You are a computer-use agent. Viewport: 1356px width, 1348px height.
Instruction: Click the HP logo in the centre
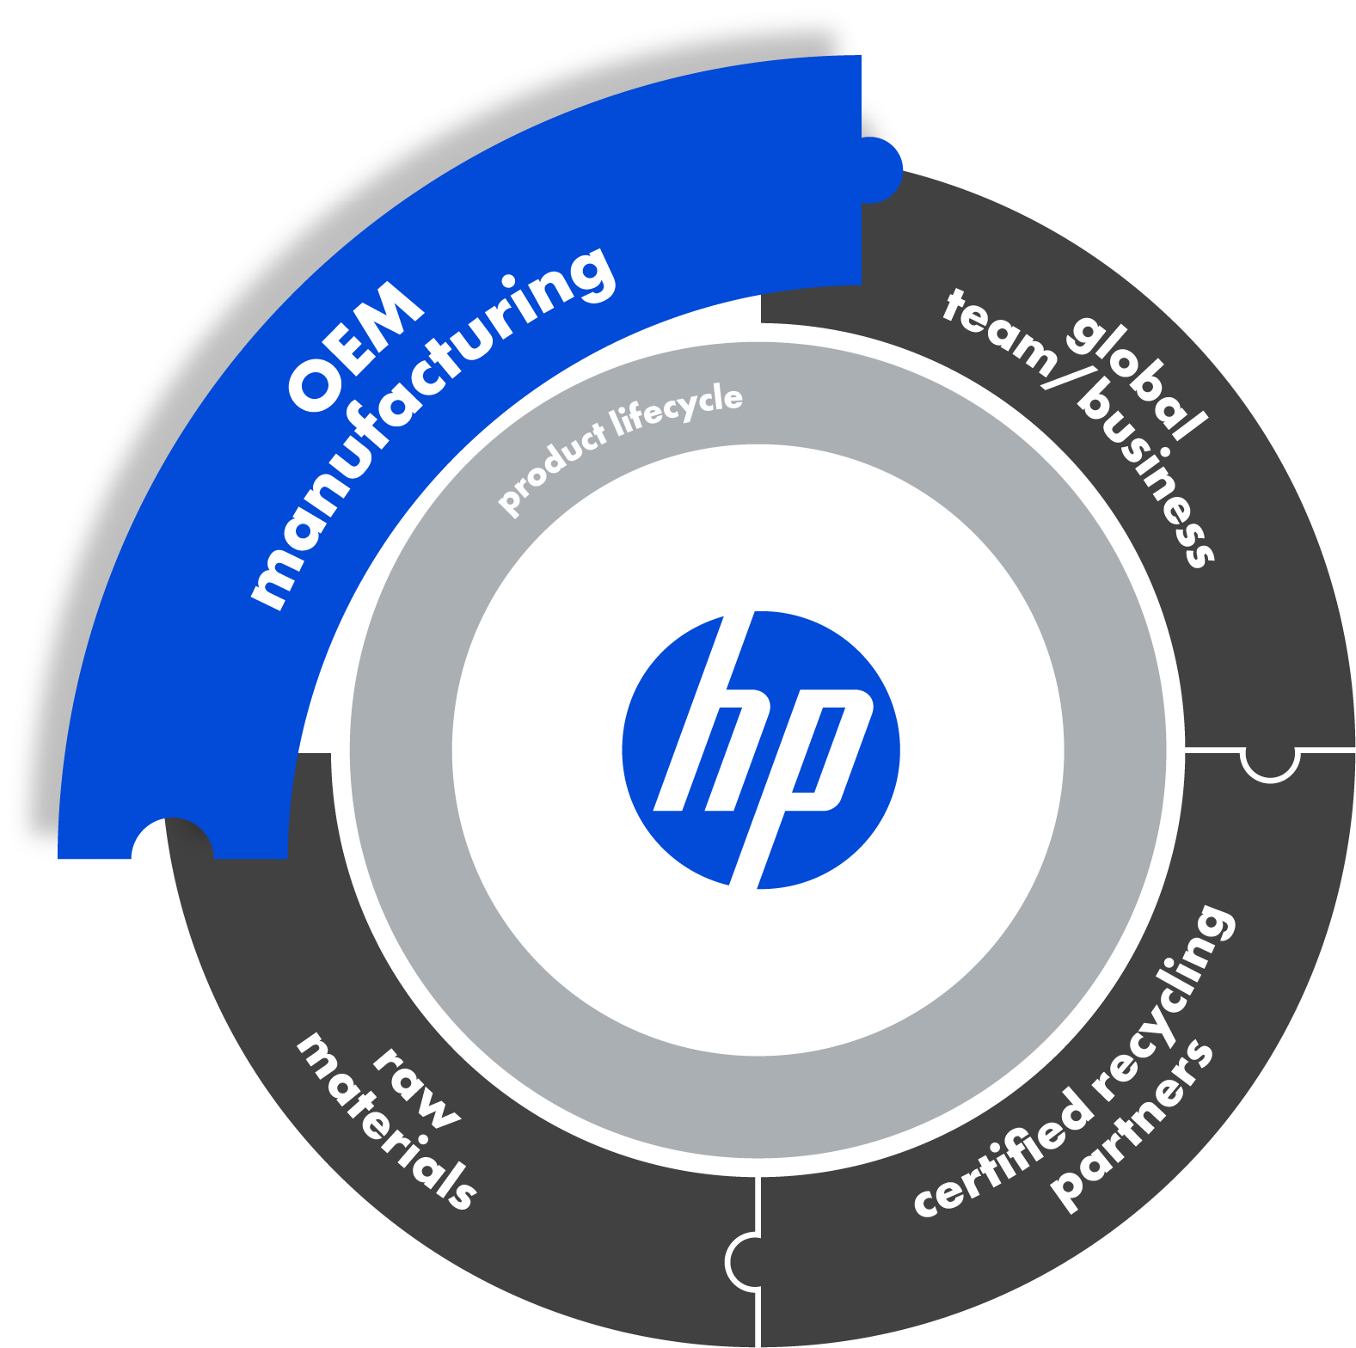760,750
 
